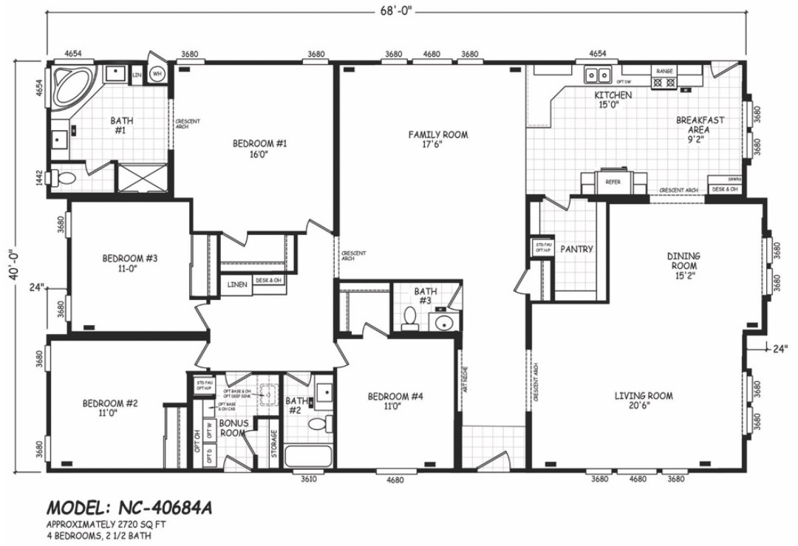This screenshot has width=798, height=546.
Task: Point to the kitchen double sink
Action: (x=598, y=75)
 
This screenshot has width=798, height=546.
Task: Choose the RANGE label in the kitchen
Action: (x=664, y=70)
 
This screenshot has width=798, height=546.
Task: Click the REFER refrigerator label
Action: (x=613, y=182)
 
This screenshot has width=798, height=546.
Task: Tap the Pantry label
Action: (x=576, y=249)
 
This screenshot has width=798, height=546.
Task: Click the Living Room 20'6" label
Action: (x=644, y=401)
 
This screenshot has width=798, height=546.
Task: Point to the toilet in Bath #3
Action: (x=409, y=319)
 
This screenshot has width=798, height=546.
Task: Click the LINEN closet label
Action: (x=237, y=284)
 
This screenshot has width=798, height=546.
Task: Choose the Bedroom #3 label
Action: (x=130, y=264)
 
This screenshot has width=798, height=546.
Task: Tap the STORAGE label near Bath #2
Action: (x=274, y=443)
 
